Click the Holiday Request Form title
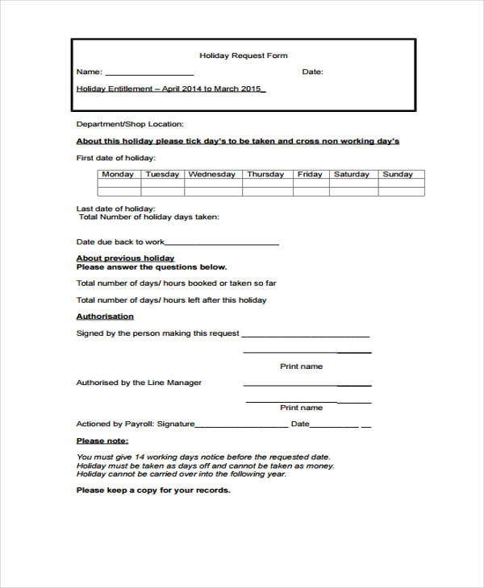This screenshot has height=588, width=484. point(244,56)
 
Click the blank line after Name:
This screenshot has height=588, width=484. point(149,73)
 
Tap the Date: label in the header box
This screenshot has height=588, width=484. point(312,72)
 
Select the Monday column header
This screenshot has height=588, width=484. point(119,174)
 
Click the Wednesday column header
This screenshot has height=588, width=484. point(212,174)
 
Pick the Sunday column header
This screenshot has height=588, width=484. point(398,174)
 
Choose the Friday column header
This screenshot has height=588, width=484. point(310,174)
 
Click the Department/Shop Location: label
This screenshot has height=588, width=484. point(130,124)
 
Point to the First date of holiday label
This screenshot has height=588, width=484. point(116,158)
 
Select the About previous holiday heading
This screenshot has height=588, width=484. point(125,258)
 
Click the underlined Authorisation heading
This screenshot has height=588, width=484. point(105,317)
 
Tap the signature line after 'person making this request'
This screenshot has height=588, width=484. point(306,335)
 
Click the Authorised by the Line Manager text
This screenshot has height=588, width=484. point(139,383)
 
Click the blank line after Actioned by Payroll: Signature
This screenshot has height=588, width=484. point(241,425)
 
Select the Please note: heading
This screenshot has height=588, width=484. point(102,441)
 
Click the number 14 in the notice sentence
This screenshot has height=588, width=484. point(140,457)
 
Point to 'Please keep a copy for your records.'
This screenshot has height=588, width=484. point(153,490)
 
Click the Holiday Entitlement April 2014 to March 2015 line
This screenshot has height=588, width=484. point(170,89)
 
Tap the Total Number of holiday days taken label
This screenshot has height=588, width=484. point(148,217)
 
